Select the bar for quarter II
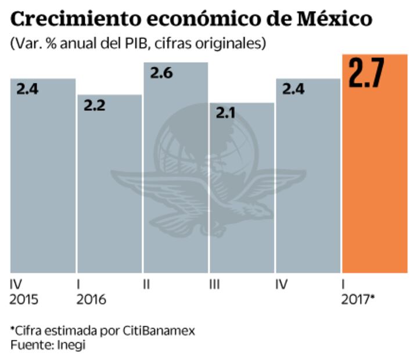175,174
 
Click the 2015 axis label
25,300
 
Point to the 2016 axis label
91,300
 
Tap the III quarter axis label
215,285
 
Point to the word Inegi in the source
69,344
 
